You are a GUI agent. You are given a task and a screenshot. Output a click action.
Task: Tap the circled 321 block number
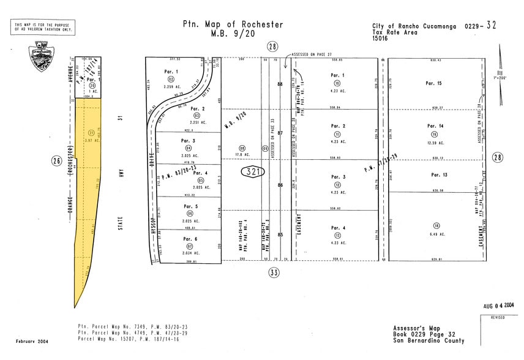252,172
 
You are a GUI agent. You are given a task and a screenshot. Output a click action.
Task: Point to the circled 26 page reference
56,161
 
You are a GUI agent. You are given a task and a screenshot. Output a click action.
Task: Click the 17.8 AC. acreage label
242,155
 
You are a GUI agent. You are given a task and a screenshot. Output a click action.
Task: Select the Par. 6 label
189,239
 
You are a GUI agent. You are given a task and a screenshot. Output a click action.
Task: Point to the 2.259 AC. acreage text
172,87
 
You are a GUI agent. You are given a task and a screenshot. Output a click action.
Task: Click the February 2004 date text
31,341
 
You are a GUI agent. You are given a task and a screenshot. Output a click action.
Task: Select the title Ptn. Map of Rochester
233,24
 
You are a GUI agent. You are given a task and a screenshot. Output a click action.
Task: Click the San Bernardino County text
429,341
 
